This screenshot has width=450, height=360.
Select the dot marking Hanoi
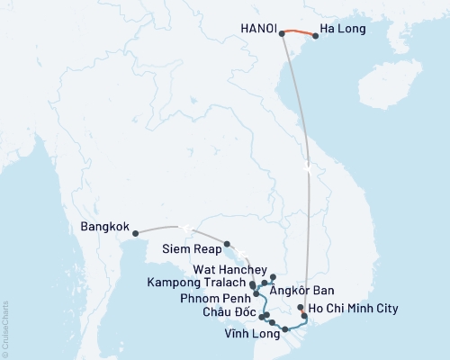(282, 33)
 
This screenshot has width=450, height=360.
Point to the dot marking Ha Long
(315, 37)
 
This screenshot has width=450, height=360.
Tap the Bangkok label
(104, 226)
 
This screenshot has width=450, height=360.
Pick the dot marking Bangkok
(136, 235)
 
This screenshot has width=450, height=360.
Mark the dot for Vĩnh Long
(285, 330)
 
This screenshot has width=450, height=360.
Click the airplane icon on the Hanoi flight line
(309, 168)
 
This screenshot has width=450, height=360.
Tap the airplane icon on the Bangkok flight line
(184, 228)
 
